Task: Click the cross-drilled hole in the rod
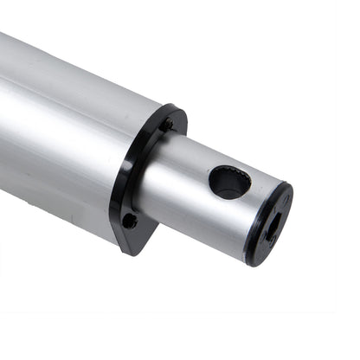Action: coord(229,182)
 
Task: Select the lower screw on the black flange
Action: coord(130,221)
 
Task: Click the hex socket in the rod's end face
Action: coord(272,228)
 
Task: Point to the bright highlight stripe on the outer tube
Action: coord(52,112)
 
